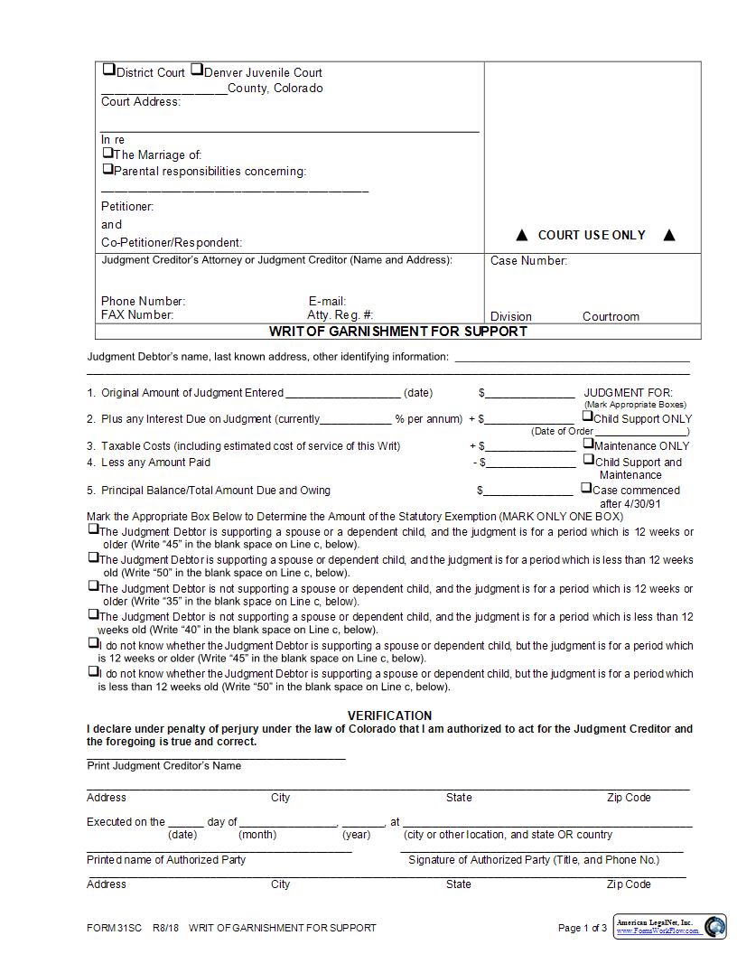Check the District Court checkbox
tap(108, 70)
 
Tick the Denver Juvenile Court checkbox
tap(196, 70)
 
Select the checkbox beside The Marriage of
tap(107, 153)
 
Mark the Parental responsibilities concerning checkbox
tap(107, 169)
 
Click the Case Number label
tap(528, 261)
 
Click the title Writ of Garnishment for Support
tap(398, 331)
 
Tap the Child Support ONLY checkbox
tap(587, 416)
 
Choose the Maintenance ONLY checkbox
tap(587, 444)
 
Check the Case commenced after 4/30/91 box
tap(586, 488)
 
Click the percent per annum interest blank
tap(356, 419)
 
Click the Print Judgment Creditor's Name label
tap(164, 766)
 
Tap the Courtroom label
tap(611, 317)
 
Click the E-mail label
tap(327, 302)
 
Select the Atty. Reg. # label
tap(340, 315)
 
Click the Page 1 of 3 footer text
tap(583, 928)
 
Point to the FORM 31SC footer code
tap(114, 928)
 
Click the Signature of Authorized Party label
tap(534, 860)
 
